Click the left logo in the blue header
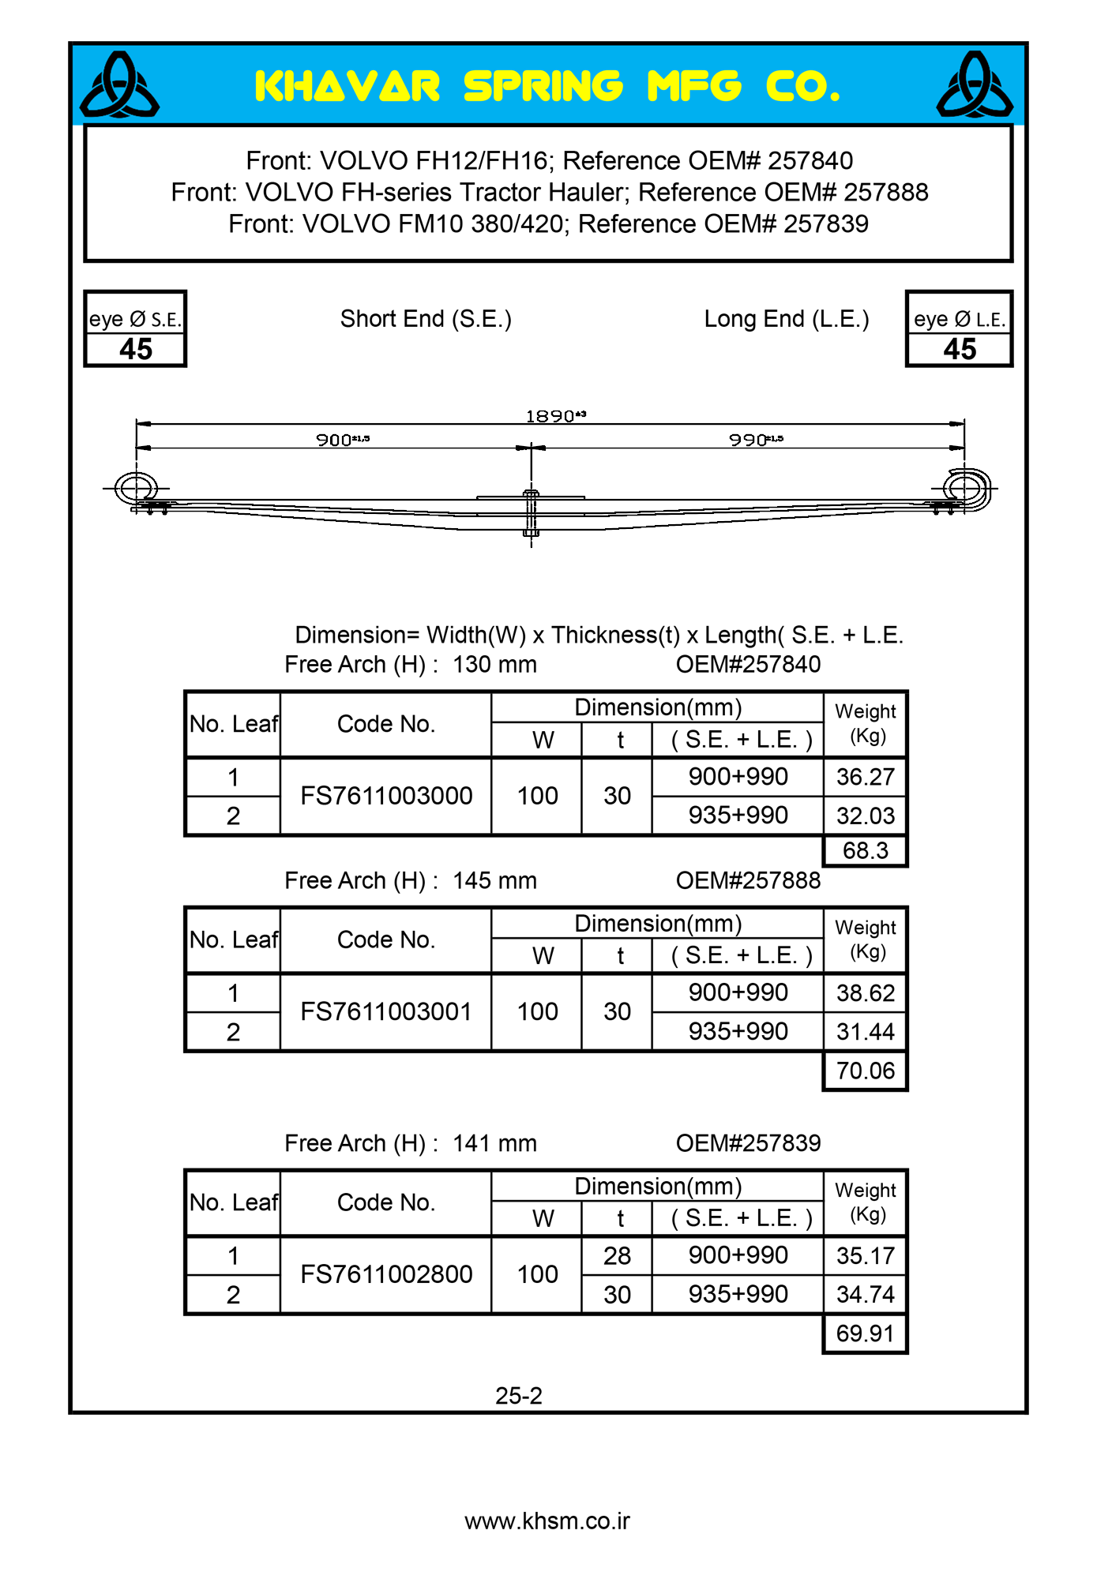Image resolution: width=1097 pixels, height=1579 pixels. [120, 85]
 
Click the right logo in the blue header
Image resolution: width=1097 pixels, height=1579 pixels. [975, 85]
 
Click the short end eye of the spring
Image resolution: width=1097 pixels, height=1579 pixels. [136, 488]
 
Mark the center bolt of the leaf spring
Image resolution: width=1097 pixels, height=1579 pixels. [532, 513]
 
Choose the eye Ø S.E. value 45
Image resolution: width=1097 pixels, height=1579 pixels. [136, 350]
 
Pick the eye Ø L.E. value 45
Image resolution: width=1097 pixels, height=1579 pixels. [960, 350]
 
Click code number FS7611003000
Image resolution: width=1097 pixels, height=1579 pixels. [386, 796]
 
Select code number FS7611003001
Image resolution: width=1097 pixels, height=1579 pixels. [386, 1011]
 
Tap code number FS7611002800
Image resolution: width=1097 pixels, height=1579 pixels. [386, 1274]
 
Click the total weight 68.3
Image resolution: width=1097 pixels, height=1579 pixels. [865, 851]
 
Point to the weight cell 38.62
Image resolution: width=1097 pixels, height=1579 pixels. [865, 992]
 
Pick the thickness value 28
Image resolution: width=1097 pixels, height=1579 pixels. [617, 1255]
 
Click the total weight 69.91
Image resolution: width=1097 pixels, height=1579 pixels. [865, 1333]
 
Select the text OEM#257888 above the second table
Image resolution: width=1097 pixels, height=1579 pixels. [748, 880]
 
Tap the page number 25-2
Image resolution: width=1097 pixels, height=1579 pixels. [519, 1396]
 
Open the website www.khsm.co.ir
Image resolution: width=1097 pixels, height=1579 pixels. [547, 1521]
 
